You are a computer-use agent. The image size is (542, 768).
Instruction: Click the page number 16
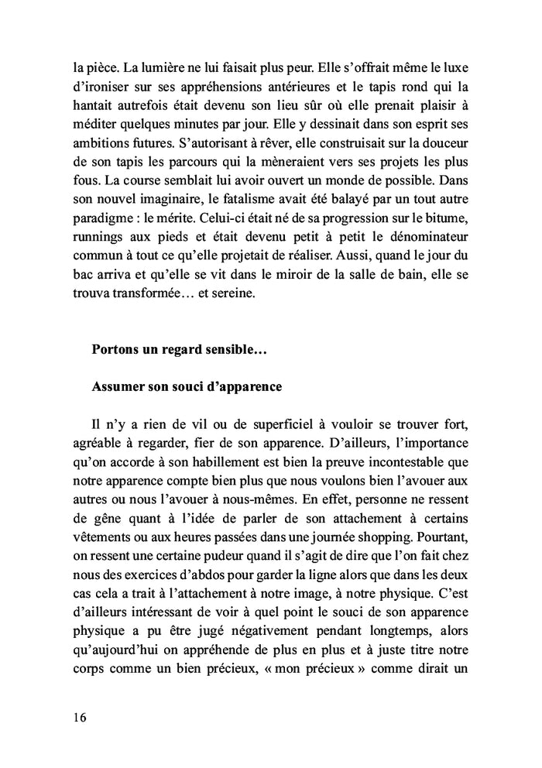[x=75, y=716]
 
